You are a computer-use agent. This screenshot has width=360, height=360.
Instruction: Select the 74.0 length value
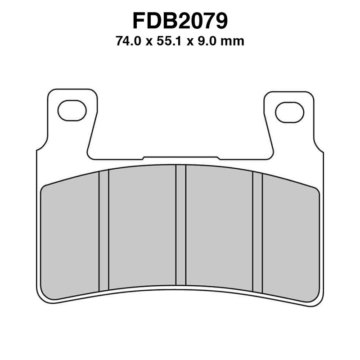click(x=127, y=42)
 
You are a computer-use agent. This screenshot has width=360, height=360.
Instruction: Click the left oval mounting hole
click(x=72, y=111)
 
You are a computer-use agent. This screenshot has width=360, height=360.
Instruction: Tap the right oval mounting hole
click(x=289, y=112)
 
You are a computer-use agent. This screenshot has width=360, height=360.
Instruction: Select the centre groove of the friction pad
click(x=181, y=225)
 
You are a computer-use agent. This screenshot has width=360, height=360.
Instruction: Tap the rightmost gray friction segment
click(x=291, y=238)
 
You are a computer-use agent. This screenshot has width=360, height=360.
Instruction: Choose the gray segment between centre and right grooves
click(x=219, y=227)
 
